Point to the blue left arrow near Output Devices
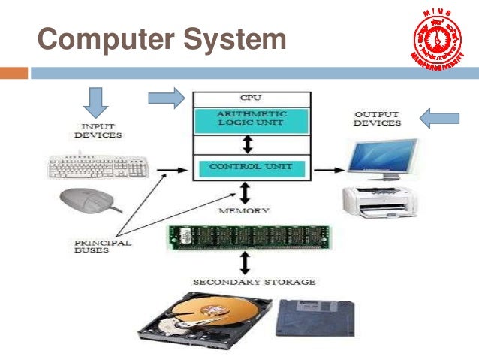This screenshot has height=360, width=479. tap(439, 117)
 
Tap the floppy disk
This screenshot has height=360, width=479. tap(315, 317)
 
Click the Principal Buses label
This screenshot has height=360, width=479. tap(102, 247)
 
